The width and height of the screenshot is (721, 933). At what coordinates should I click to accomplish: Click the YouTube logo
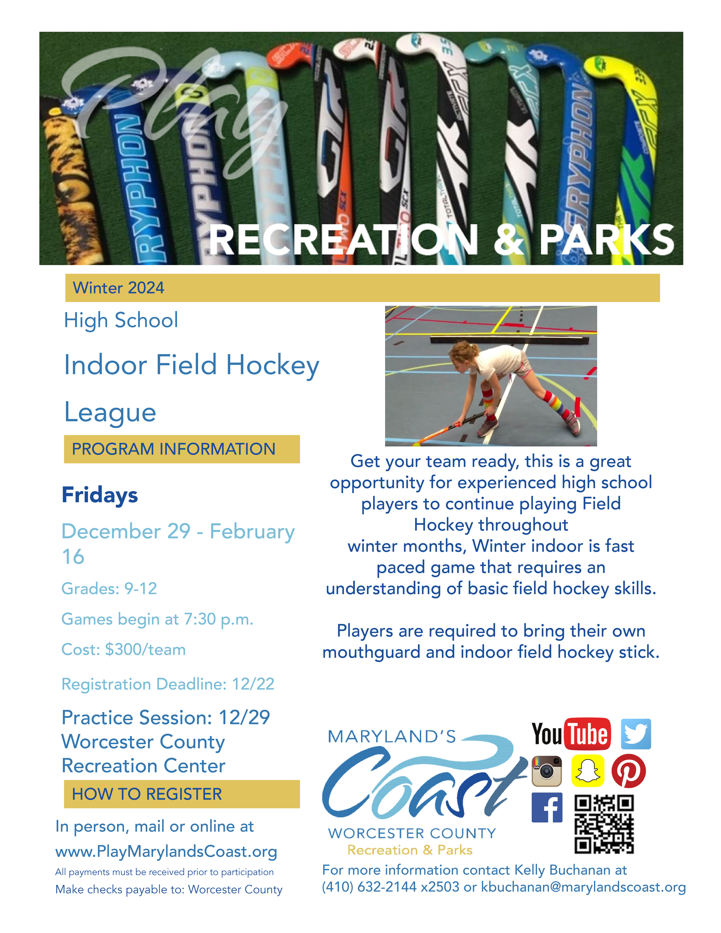pos(571,734)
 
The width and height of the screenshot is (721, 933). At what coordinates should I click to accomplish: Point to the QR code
pos(604,824)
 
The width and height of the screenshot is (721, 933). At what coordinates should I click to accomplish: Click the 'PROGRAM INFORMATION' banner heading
pos(173,449)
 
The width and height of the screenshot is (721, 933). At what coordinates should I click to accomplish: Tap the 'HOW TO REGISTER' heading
pos(147,794)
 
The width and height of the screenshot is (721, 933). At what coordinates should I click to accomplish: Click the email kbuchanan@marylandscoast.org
pos(583,887)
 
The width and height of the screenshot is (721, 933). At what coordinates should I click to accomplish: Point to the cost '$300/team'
pos(145,650)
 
